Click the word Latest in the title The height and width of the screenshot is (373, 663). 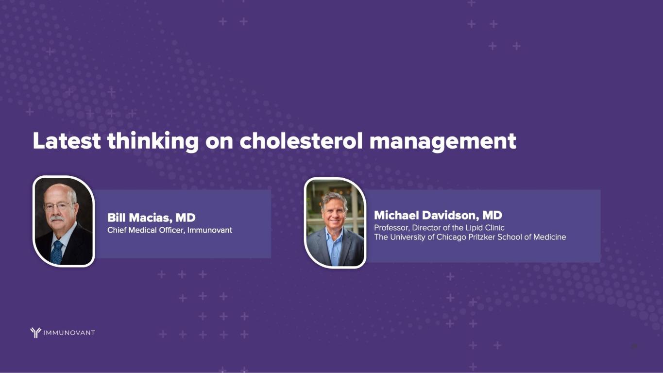pyautogui.click(x=67, y=141)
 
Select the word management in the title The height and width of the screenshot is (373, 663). pyautogui.click(x=443, y=142)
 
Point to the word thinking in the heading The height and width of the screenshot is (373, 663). pyautogui.click(x=153, y=142)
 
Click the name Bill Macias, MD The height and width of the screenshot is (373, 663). pyautogui.click(x=151, y=218)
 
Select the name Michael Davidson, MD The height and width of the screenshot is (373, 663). pyautogui.click(x=438, y=215)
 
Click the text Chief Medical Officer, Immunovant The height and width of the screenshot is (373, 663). pyautogui.click(x=170, y=230)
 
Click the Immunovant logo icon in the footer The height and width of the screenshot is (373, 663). pyautogui.click(x=35, y=333)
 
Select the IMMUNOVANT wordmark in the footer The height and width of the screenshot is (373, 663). pyautogui.click(x=69, y=333)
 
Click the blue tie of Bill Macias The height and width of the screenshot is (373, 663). pyautogui.click(x=56, y=252)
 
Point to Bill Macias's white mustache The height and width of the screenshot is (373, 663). pyautogui.click(x=57, y=219)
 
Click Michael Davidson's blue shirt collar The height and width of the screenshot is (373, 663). pyautogui.click(x=334, y=234)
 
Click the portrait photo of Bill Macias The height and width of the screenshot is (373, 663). pyautogui.click(x=64, y=221)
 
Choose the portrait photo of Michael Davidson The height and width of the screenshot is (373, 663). pyautogui.click(x=335, y=223)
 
